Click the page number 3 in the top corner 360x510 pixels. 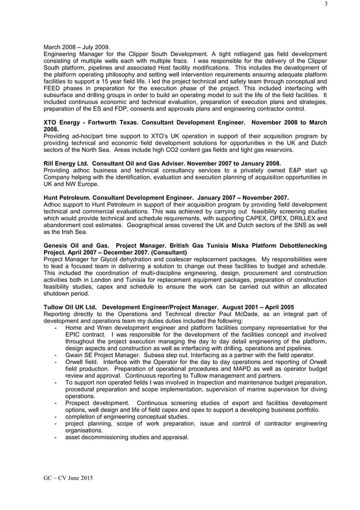pyautogui.click(x=326, y=5)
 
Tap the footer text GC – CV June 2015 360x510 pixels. pyautogui.click(x=68, y=478)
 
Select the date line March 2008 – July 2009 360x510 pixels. pyautogui.click(x=77, y=47)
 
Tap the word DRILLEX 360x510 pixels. pyautogui.click(x=304, y=217)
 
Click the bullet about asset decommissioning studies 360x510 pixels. pyautogui.click(x=126, y=437)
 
